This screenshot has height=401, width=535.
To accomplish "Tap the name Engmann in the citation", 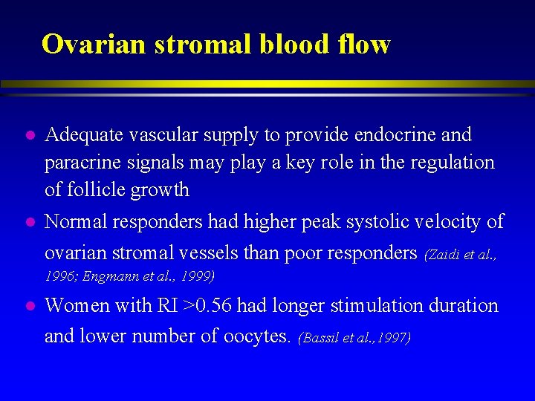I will [x=108, y=277].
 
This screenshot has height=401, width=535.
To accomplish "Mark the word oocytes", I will [x=253, y=336].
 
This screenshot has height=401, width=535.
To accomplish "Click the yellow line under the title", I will [x=267, y=84].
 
